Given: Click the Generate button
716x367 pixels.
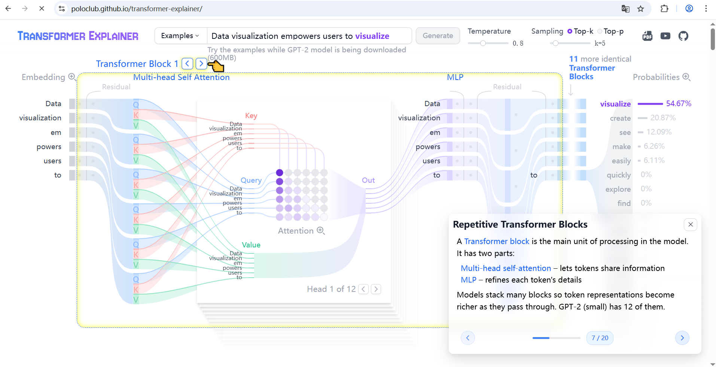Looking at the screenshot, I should click(438, 36).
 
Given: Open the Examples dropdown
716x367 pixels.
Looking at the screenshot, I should click(180, 36).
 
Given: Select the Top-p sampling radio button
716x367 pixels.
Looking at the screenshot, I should click(600, 31).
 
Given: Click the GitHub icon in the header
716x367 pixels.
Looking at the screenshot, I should click(683, 36).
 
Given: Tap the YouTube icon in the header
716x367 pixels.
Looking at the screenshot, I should click(665, 36).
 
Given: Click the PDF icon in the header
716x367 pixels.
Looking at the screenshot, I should click(648, 36).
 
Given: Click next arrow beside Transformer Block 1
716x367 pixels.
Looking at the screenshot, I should click(201, 64).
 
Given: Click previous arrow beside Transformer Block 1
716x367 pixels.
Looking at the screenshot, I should click(188, 64).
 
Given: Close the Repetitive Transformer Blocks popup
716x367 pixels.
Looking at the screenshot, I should click(691, 225).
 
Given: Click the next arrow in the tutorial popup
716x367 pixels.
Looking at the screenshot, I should click(682, 338).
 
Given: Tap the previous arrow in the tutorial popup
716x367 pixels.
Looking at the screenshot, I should click(467, 338).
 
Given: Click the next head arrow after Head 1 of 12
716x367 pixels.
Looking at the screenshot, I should click(376, 289).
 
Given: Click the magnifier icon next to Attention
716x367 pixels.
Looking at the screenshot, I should click(321, 231).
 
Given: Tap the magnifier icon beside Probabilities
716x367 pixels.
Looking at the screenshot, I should click(686, 77).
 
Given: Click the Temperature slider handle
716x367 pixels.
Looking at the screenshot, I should click(483, 43).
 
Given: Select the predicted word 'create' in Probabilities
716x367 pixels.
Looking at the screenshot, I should click(620, 118).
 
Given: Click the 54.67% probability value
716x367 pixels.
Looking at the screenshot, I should click(679, 104).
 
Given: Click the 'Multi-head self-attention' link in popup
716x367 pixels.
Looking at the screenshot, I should click(506, 268).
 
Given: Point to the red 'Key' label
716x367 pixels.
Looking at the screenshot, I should click(251, 115).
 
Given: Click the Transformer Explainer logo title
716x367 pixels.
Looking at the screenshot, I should click(78, 36).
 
